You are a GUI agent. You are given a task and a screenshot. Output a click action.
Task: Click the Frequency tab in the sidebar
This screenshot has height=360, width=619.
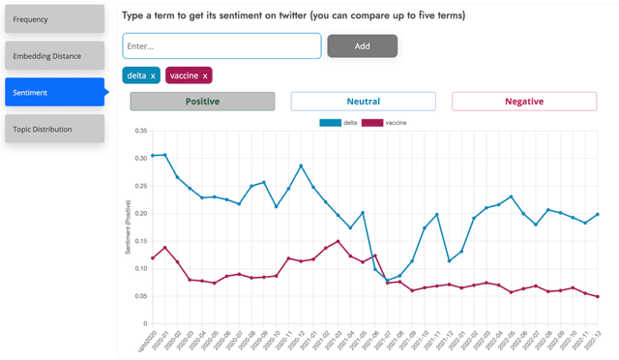click(53, 19)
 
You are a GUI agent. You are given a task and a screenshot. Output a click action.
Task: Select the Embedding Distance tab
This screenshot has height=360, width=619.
click(53, 56)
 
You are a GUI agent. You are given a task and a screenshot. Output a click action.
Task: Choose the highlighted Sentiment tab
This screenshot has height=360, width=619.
click(53, 93)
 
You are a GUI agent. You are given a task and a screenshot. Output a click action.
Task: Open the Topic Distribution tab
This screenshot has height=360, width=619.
click(53, 129)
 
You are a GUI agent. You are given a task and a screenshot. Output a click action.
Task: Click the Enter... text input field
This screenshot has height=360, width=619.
click(221, 45)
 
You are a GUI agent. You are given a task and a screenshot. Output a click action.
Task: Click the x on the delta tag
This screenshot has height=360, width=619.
click(153, 75)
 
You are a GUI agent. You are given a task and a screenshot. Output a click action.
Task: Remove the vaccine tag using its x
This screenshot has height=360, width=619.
click(205, 75)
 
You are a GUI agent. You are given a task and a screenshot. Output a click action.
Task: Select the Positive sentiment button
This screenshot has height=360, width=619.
click(202, 102)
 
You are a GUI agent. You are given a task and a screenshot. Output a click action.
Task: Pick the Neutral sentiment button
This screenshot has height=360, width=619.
click(363, 102)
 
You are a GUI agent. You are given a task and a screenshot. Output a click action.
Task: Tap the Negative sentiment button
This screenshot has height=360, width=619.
click(523, 102)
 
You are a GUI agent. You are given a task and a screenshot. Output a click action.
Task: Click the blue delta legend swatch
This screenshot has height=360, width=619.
click(330, 123)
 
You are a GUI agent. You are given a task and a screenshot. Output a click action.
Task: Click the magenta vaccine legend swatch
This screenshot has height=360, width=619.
click(372, 123)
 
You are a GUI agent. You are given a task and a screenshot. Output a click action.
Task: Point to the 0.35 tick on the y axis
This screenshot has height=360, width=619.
click(140, 130)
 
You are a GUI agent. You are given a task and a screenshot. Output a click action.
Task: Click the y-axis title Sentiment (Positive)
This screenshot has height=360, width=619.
click(128, 227)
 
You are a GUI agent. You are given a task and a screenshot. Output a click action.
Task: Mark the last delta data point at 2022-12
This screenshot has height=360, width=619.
click(597, 214)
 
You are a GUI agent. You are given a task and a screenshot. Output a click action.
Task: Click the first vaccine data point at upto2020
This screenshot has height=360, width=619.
click(152, 258)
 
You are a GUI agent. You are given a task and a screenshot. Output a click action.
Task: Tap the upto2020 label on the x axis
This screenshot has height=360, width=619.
click(145, 341)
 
